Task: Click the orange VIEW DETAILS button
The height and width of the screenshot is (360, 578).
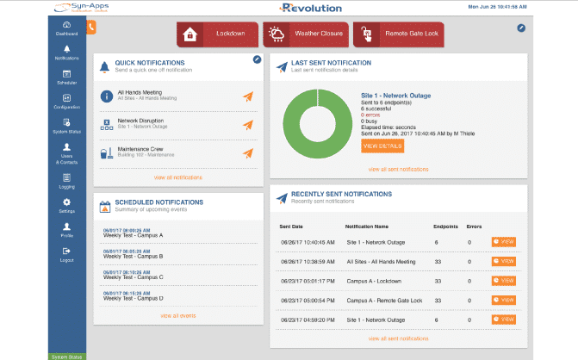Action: [382, 146]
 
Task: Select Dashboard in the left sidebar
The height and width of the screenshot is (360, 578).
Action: [67, 28]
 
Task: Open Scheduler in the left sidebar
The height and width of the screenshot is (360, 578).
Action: [67, 77]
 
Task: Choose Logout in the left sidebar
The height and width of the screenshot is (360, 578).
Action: [67, 254]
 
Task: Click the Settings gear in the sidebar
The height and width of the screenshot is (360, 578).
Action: [67, 205]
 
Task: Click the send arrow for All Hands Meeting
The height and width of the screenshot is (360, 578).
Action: [248, 96]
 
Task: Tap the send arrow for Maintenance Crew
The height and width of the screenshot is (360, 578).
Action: [248, 153]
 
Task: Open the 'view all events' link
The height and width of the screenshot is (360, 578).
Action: [177, 316]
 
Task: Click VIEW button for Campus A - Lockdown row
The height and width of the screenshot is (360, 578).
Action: [504, 281]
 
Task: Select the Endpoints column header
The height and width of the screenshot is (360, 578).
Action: [445, 226]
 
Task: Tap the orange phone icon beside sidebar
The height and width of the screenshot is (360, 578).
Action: [91, 27]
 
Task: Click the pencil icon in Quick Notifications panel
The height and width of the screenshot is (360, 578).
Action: [257, 59]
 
